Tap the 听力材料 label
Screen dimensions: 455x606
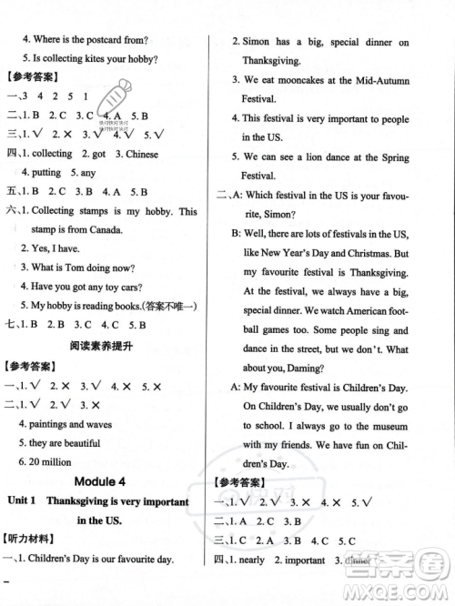29,540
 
